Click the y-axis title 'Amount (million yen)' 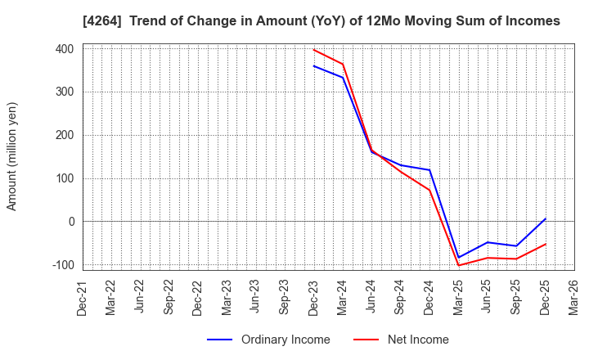pyautogui.click(x=12, y=156)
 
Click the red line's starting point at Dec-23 pyautogui.click(x=314, y=50)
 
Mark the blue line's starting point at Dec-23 pyautogui.click(x=314, y=66)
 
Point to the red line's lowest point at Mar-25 pyautogui.click(x=459, y=265)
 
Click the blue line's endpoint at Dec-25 pyautogui.click(x=546, y=218)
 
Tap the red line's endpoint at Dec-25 pyautogui.click(x=546, y=244)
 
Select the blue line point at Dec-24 pyautogui.click(x=429, y=170)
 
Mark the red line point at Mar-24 pyautogui.click(x=343, y=64)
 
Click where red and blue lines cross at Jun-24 pyautogui.click(x=372, y=151)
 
